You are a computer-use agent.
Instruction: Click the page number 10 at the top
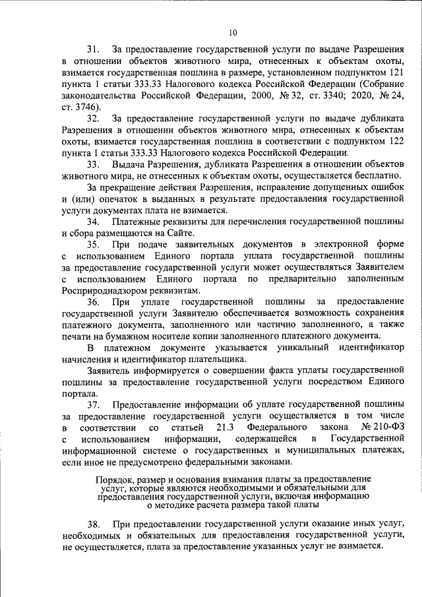(x=233, y=32)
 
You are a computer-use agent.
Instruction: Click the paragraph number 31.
(x=94, y=49)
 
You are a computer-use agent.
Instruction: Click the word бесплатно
(x=373, y=175)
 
